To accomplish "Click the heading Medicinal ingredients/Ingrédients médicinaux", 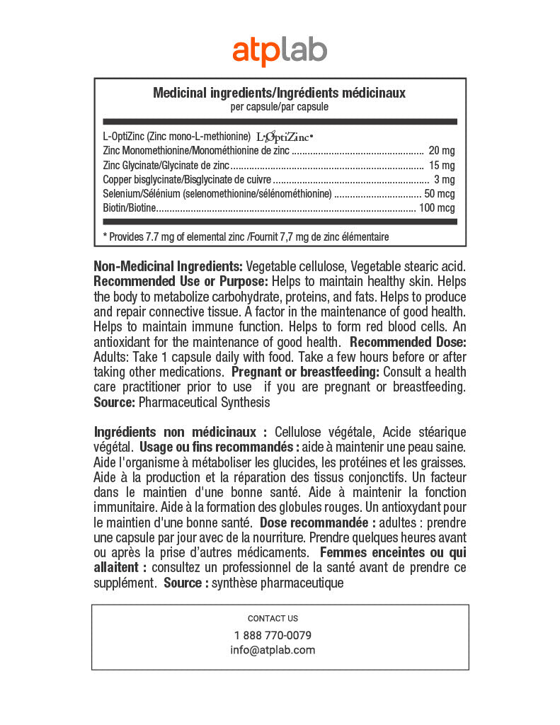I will pyautogui.click(x=280, y=93).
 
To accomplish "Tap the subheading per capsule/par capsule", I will pyautogui.click(x=280, y=107).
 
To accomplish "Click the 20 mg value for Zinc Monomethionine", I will pyautogui.click(x=442, y=151).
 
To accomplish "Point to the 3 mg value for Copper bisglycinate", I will pyautogui.click(x=445, y=179).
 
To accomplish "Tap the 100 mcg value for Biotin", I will pyautogui.click(x=437, y=207).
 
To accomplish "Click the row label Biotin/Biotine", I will pyautogui.click(x=129, y=207).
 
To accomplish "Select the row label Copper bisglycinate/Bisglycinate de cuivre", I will pyautogui.click(x=187, y=179).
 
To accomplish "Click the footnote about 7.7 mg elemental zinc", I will pyautogui.click(x=246, y=236).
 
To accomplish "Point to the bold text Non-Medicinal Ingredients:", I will pyautogui.click(x=168, y=267).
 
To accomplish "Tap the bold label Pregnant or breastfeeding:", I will pyautogui.click(x=306, y=372).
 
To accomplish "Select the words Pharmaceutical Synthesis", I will pyautogui.click(x=204, y=402).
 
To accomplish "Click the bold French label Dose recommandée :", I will pyautogui.click(x=318, y=523).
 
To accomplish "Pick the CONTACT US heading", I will pyautogui.click(x=273, y=618).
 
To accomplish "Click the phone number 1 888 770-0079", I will pyautogui.click(x=273, y=635).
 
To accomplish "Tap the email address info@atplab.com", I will pyautogui.click(x=273, y=650).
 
